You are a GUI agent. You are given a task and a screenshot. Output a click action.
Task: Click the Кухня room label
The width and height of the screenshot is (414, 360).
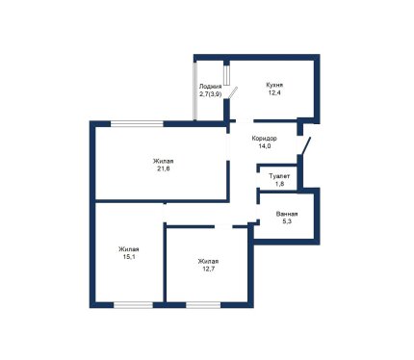[x=274, y=86]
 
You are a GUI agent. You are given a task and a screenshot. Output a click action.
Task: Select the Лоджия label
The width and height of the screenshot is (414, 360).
[x=210, y=87]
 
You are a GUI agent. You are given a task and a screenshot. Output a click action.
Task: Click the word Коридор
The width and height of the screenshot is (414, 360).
[x=264, y=139]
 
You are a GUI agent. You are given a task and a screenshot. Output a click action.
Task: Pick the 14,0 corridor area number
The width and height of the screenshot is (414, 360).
[x=265, y=146]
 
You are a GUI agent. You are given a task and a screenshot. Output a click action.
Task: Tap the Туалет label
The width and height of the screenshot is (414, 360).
[x=279, y=176]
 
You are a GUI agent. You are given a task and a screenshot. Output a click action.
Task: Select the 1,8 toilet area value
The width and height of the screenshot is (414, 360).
[x=279, y=184]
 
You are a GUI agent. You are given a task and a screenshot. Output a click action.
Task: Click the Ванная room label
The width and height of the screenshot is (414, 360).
[x=287, y=214]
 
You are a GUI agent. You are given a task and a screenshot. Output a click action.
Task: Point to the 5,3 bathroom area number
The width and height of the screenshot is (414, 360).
[x=287, y=221]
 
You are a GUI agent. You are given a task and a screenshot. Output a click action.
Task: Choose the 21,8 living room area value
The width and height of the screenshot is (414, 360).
[x=164, y=168]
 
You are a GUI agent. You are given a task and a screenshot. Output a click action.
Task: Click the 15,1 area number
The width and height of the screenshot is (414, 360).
[x=129, y=257]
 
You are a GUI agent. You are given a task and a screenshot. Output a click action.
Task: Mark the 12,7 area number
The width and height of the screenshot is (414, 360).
[x=208, y=269]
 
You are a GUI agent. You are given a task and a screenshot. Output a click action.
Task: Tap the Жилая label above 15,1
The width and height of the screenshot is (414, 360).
[x=129, y=249]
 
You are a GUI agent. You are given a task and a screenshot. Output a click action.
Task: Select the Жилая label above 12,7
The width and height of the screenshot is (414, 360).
[x=208, y=261]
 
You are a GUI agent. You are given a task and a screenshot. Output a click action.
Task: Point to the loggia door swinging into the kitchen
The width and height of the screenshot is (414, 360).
[x=232, y=92]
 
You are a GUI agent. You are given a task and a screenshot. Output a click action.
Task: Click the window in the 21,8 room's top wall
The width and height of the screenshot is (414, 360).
[x=137, y=123]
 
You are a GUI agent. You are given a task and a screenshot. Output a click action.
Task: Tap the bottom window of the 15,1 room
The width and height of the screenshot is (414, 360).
[x=133, y=305]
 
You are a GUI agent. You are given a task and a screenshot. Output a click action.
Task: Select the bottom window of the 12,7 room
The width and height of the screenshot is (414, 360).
[x=203, y=305]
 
